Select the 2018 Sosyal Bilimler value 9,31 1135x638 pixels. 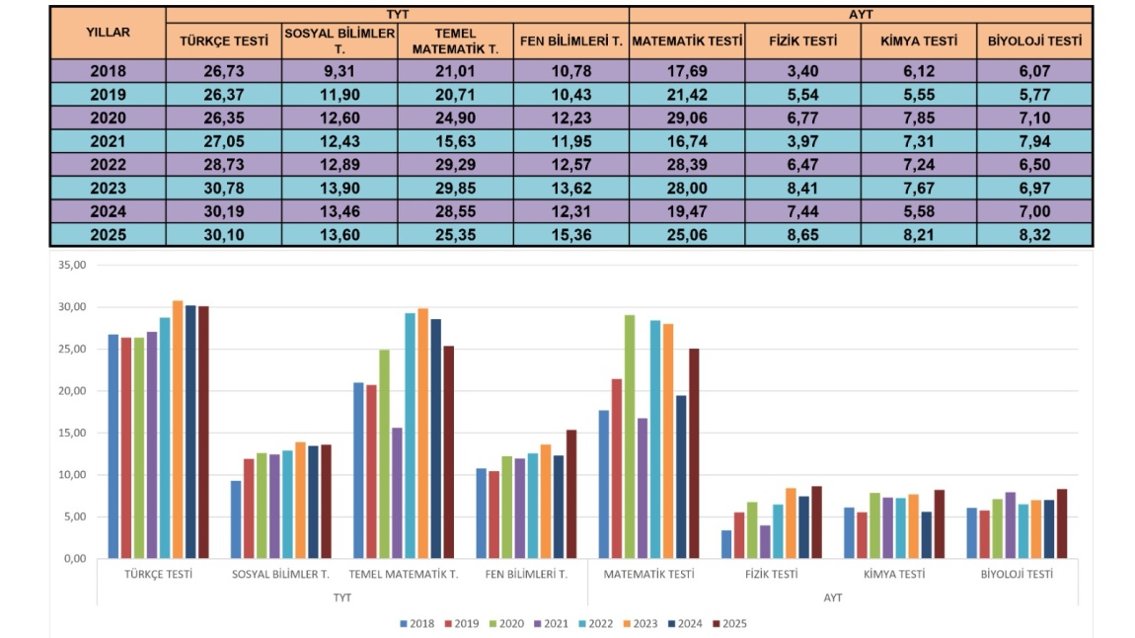(x=340, y=70)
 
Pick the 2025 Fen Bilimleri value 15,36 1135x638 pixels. (x=570, y=235)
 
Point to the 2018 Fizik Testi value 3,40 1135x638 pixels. (x=802, y=70)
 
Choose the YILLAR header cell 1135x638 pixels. (x=108, y=32)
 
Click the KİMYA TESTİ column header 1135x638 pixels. (x=919, y=41)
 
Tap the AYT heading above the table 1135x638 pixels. (x=861, y=14)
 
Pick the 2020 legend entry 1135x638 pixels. (x=505, y=623)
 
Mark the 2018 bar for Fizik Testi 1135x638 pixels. (x=727, y=544)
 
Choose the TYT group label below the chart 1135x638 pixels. (x=342, y=598)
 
